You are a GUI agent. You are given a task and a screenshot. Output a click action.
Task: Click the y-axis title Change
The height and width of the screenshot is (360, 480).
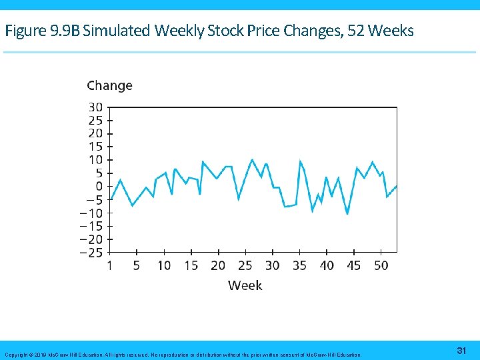click(109, 85)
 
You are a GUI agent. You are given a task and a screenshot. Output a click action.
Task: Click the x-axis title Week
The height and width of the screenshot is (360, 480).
click(245, 285)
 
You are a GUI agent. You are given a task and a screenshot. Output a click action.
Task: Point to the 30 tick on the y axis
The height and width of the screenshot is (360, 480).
click(95, 107)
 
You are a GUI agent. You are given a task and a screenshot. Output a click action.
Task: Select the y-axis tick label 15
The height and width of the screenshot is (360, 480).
click(95, 147)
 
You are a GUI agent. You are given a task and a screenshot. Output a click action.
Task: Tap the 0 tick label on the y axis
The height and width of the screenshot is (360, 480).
click(99, 186)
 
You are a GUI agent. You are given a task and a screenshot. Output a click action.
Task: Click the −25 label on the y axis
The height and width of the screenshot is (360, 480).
click(91, 252)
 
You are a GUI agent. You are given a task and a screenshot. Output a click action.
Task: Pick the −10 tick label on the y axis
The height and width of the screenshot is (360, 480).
click(91, 213)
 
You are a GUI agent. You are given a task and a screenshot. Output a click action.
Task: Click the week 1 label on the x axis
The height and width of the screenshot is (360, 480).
click(109, 265)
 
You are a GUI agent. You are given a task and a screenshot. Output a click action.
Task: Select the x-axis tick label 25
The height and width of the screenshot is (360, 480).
click(245, 265)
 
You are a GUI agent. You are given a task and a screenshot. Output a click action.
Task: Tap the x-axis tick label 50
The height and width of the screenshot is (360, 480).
click(381, 265)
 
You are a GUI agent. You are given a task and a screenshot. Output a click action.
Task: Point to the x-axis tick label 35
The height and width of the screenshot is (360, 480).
click(299, 265)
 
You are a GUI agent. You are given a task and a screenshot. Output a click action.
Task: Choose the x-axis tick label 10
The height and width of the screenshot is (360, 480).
click(163, 265)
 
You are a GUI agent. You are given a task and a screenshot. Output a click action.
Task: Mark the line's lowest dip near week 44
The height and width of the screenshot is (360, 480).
click(347, 214)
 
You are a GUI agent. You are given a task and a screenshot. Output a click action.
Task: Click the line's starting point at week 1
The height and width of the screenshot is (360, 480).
click(110, 199)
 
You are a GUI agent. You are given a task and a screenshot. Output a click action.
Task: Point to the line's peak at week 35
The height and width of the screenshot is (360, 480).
click(301, 161)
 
